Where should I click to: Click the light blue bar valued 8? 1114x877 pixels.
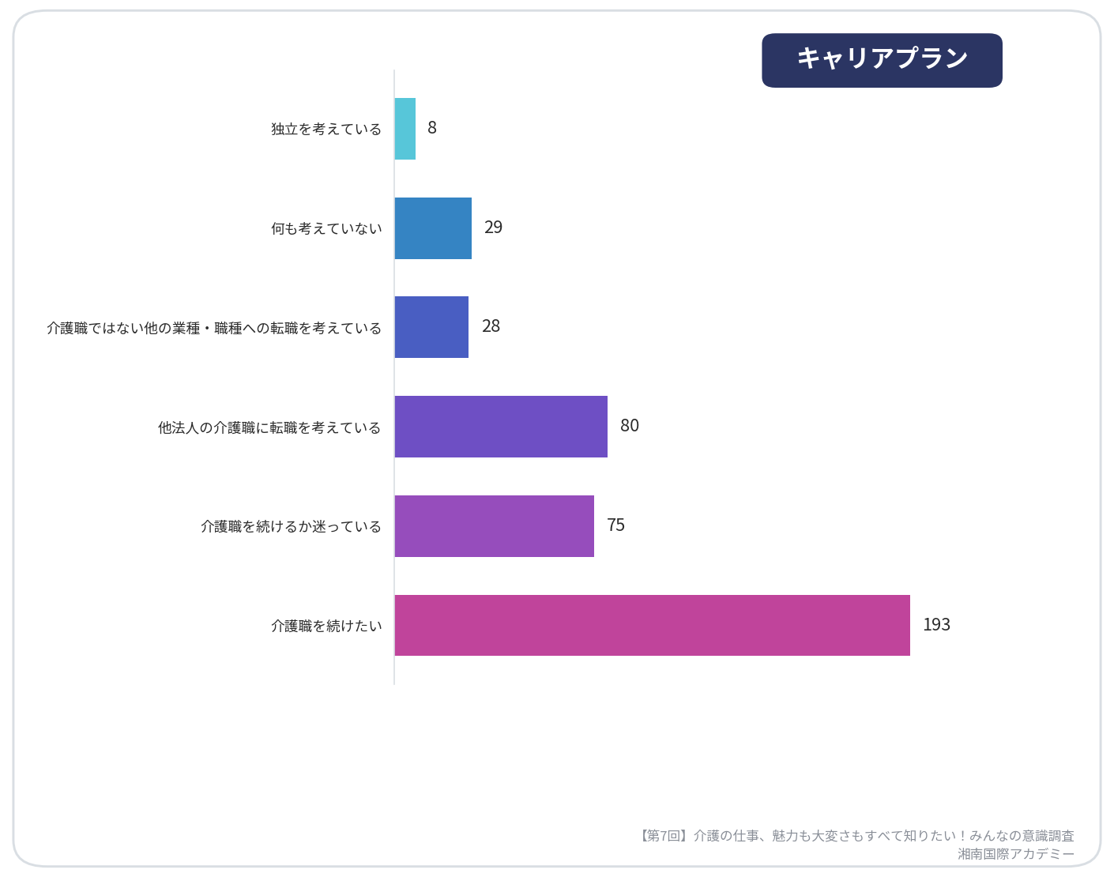click(405, 129)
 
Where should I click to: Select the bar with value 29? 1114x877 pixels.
click(433, 228)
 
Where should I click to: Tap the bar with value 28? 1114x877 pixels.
click(431, 327)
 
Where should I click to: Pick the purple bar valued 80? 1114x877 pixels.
click(501, 427)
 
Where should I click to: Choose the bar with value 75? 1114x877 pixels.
click(495, 526)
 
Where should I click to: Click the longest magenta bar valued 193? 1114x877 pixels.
click(653, 626)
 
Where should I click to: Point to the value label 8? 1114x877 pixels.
click(432, 127)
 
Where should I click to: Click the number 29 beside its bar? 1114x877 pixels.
click(493, 227)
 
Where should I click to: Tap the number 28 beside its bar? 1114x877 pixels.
click(491, 326)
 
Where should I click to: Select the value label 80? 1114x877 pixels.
click(630, 426)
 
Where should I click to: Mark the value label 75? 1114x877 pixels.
click(616, 525)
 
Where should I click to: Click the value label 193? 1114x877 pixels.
click(937, 624)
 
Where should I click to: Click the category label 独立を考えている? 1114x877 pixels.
click(326, 129)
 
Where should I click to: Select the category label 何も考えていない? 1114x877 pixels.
click(326, 228)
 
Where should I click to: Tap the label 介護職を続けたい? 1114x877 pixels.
click(326, 626)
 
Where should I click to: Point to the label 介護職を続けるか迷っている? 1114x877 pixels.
click(291, 526)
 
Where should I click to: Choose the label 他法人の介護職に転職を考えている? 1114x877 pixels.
click(269, 427)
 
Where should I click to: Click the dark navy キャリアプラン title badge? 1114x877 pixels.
click(882, 60)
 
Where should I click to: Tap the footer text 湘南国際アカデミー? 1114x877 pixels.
click(1016, 854)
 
